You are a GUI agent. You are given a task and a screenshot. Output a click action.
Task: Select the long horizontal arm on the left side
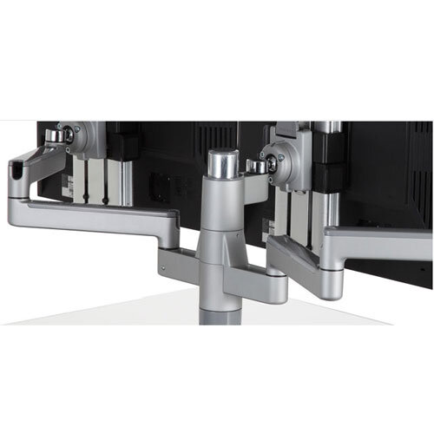(x=95, y=214)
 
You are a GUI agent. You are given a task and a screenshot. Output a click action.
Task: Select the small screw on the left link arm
(x=104, y=201)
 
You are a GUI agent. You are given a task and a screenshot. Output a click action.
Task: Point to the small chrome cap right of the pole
(x=254, y=165)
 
